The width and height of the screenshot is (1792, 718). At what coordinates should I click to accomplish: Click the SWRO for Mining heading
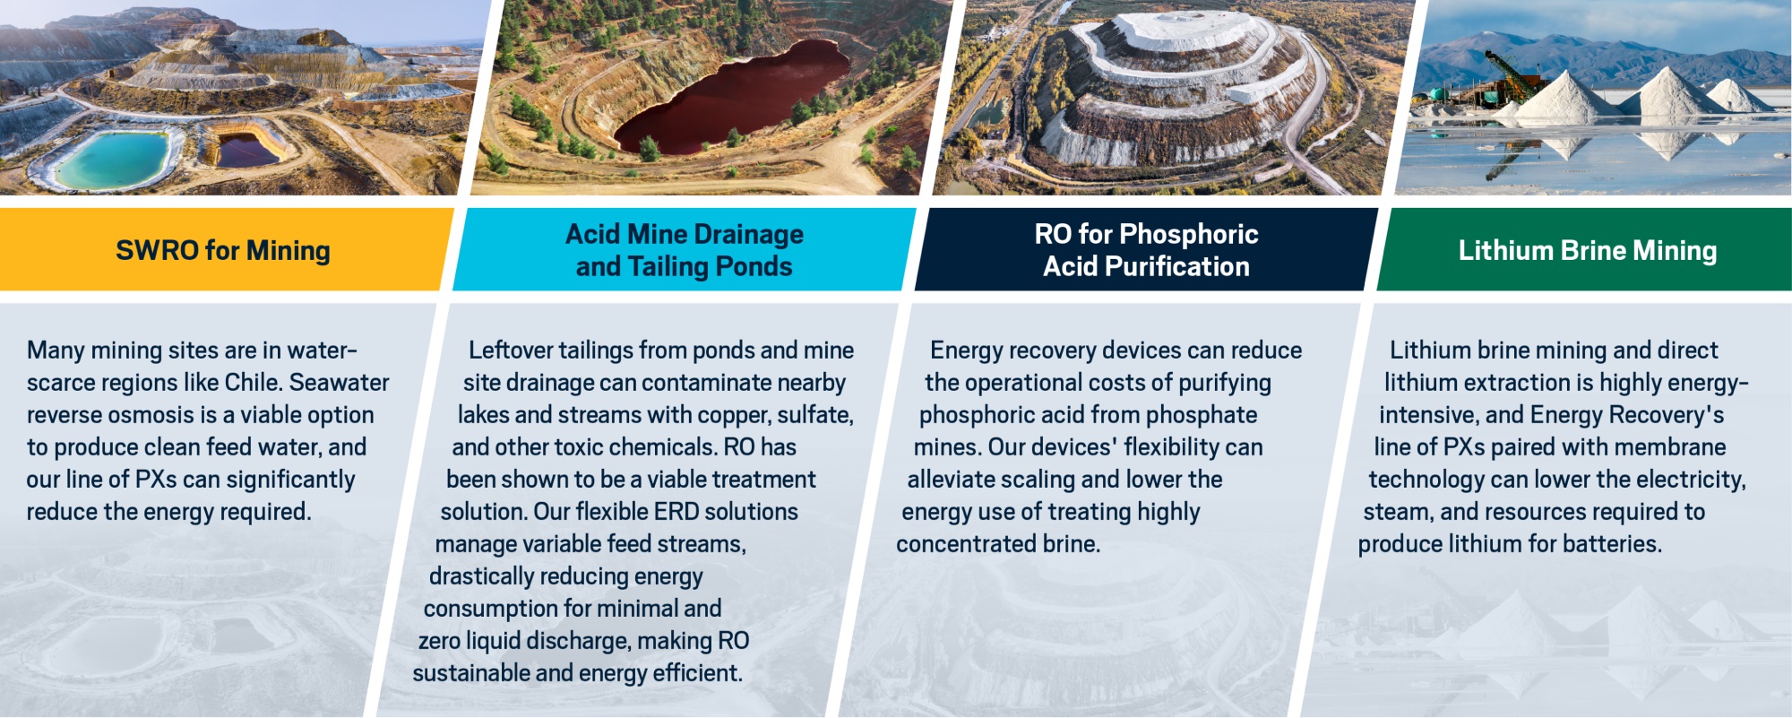(x=223, y=250)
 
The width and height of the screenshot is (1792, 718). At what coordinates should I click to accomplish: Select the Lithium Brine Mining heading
(x=1588, y=250)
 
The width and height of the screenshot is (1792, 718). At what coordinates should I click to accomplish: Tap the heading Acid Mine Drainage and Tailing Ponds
(x=685, y=250)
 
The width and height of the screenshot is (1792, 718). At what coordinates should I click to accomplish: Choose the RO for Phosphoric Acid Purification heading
(x=1146, y=250)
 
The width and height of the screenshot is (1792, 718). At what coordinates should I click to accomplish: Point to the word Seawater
(x=340, y=382)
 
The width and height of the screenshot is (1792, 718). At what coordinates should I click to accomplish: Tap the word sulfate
(x=814, y=415)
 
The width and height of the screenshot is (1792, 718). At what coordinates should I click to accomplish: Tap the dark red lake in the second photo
(x=730, y=93)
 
